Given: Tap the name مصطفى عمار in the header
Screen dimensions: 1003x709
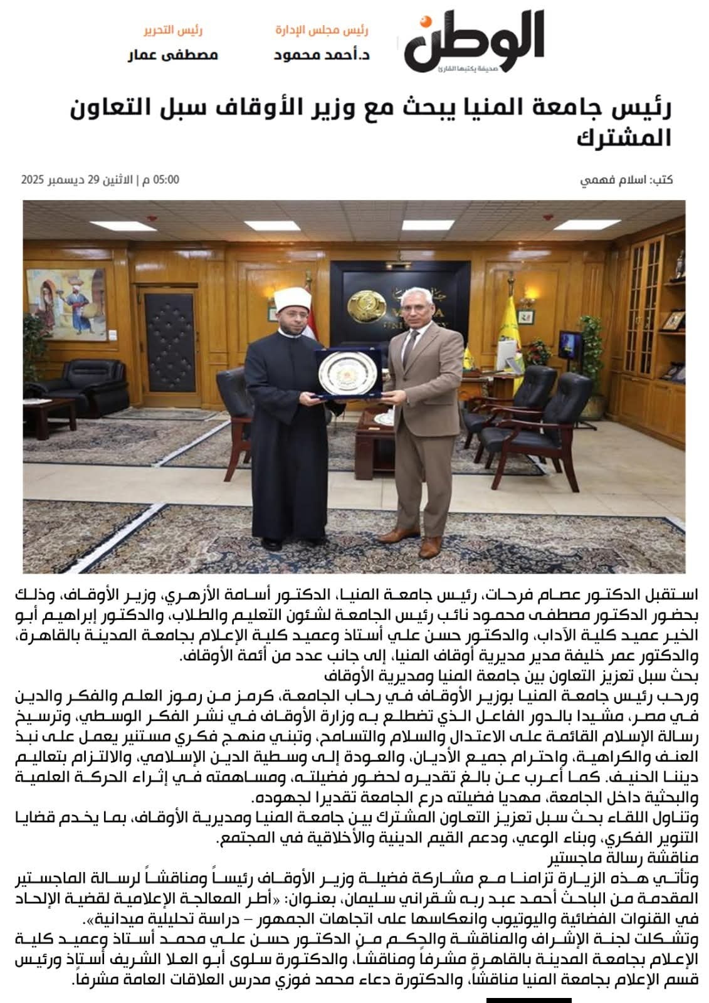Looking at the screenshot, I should click(x=173, y=55).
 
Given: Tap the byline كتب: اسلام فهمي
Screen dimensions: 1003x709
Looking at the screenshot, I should click(x=627, y=181).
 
